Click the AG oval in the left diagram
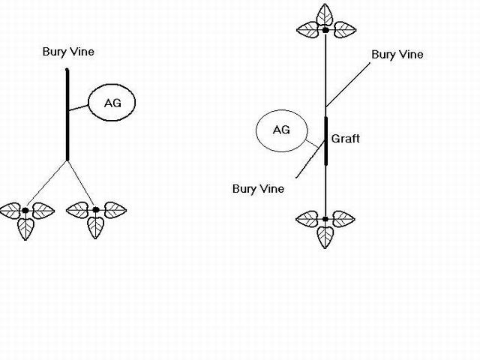(x=112, y=102)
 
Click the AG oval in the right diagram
(x=281, y=130)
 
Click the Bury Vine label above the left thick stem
(x=68, y=52)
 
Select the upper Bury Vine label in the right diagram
(x=397, y=55)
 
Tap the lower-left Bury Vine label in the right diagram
(x=258, y=188)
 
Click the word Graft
(x=345, y=139)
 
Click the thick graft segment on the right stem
(x=325, y=140)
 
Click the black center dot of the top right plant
(x=325, y=30)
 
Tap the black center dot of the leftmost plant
(x=25, y=209)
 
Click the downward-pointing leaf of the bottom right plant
(x=325, y=235)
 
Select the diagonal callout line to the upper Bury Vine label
(x=349, y=83)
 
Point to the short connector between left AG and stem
(x=79, y=109)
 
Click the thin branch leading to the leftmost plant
(x=47, y=184)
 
